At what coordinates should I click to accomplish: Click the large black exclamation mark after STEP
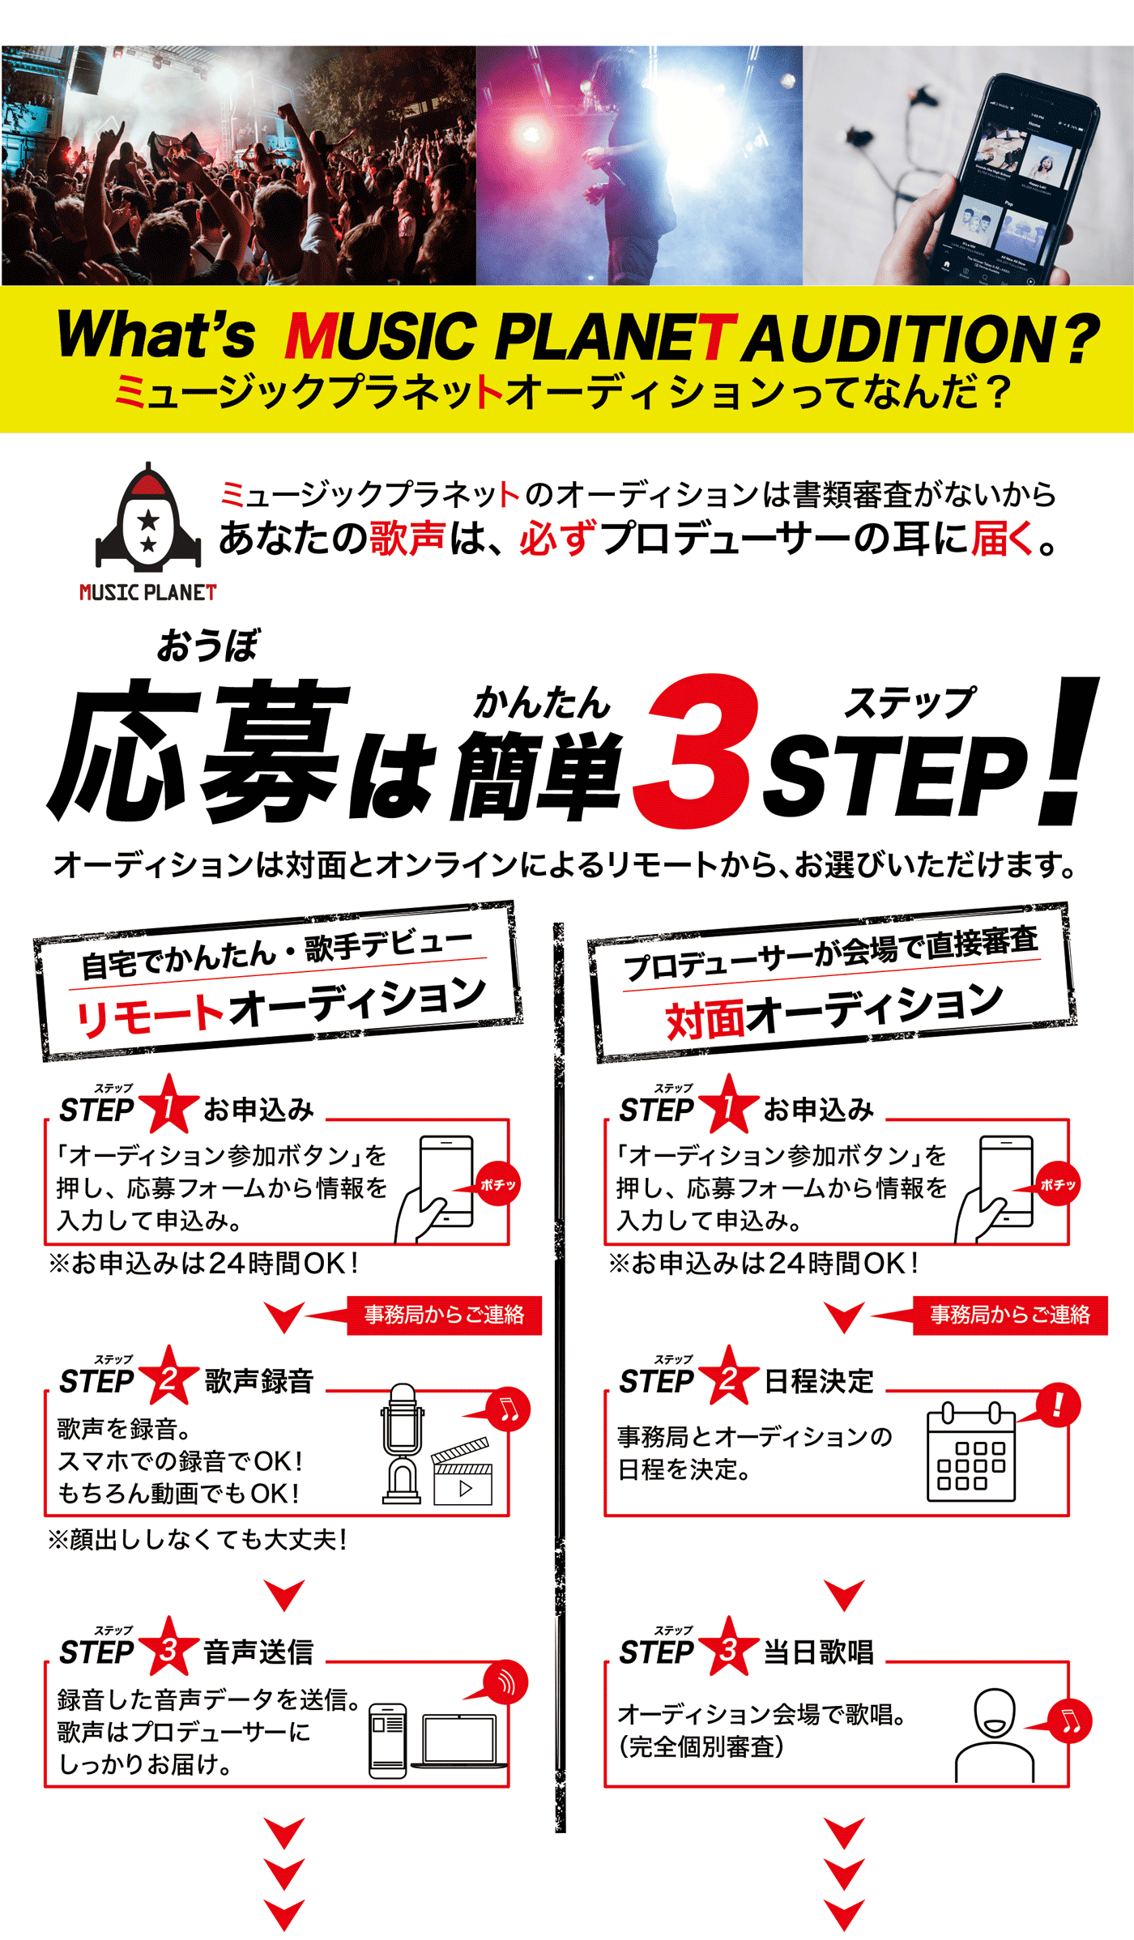click(x=1068, y=750)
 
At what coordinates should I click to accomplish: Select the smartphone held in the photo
click(x=1017, y=178)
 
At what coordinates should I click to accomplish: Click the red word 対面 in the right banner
click(x=706, y=1020)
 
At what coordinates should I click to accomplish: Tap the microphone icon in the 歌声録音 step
click(x=402, y=1443)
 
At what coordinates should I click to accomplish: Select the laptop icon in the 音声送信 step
click(x=459, y=1741)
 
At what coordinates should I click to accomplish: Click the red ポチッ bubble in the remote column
click(x=497, y=1185)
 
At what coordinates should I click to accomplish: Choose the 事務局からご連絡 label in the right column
click(x=1010, y=1315)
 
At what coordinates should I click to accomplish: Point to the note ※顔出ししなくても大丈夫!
click(x=198, y=1540)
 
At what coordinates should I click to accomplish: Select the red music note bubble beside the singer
click(x=1069, y=1722)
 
